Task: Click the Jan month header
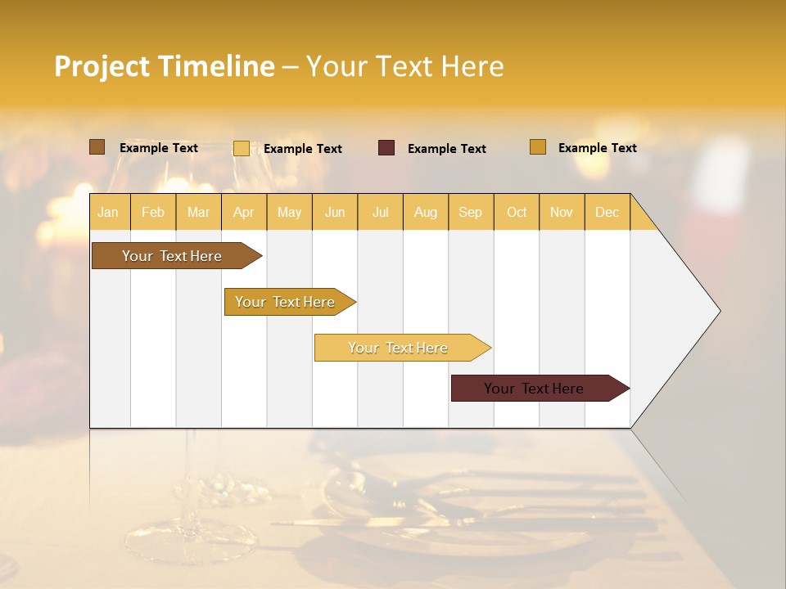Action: tap(109, 212)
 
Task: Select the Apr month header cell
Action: tap(244, 212)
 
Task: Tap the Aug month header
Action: tap(426, 212)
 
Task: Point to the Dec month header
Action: tap(608, 212)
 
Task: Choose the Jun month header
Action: tap(335, 212)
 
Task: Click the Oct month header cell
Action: tap(517, 212)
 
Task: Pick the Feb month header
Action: tap(153, 212)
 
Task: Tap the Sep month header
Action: tap(471, 212)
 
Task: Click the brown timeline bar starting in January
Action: tap(172, 256)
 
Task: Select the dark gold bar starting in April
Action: tap(286, 302)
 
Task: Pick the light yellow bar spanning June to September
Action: tap(399, 348)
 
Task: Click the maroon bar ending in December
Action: tap(535, 389)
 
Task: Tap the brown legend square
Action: tap(97, 147)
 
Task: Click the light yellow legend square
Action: tap(242, 148)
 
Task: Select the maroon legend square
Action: tap(386, 148)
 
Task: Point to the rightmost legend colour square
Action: tap(538, 147)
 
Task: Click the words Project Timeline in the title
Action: tap(165, 66)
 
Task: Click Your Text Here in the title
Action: tap(404, 66)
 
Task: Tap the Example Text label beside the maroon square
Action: tap(447, 149)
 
